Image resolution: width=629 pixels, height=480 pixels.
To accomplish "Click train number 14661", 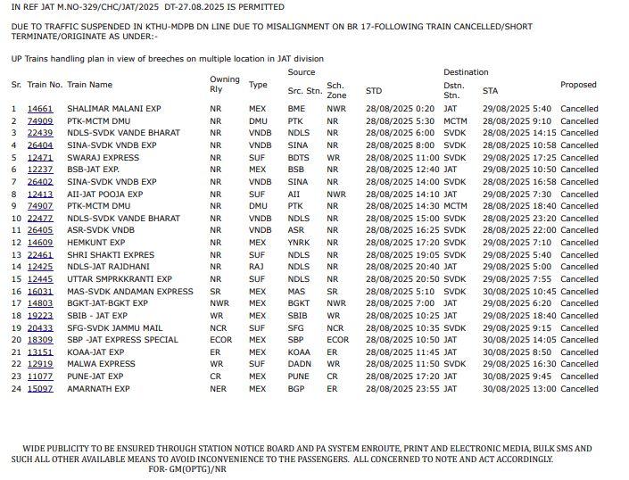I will coord(40,109).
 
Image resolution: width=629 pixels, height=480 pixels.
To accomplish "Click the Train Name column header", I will coord(89,86).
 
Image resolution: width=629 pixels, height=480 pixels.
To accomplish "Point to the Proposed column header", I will coord(578,86).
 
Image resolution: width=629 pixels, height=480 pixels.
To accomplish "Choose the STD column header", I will coord(374,91).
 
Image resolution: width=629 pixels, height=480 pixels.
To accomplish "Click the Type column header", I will coord(258,86).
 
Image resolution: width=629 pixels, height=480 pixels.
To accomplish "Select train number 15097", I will coord(40,389).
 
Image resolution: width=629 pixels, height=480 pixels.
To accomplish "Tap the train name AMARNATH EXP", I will coord(98,389).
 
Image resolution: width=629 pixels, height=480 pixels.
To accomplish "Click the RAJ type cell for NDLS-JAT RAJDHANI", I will coord(257,267).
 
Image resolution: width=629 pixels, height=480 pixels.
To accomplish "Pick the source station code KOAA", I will coord(299,352).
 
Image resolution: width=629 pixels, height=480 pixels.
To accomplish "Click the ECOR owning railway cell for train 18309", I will coord(220,340).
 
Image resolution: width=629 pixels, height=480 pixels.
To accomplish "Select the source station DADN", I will coord(299,364).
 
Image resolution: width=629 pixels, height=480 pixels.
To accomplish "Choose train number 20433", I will coord(40,328).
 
